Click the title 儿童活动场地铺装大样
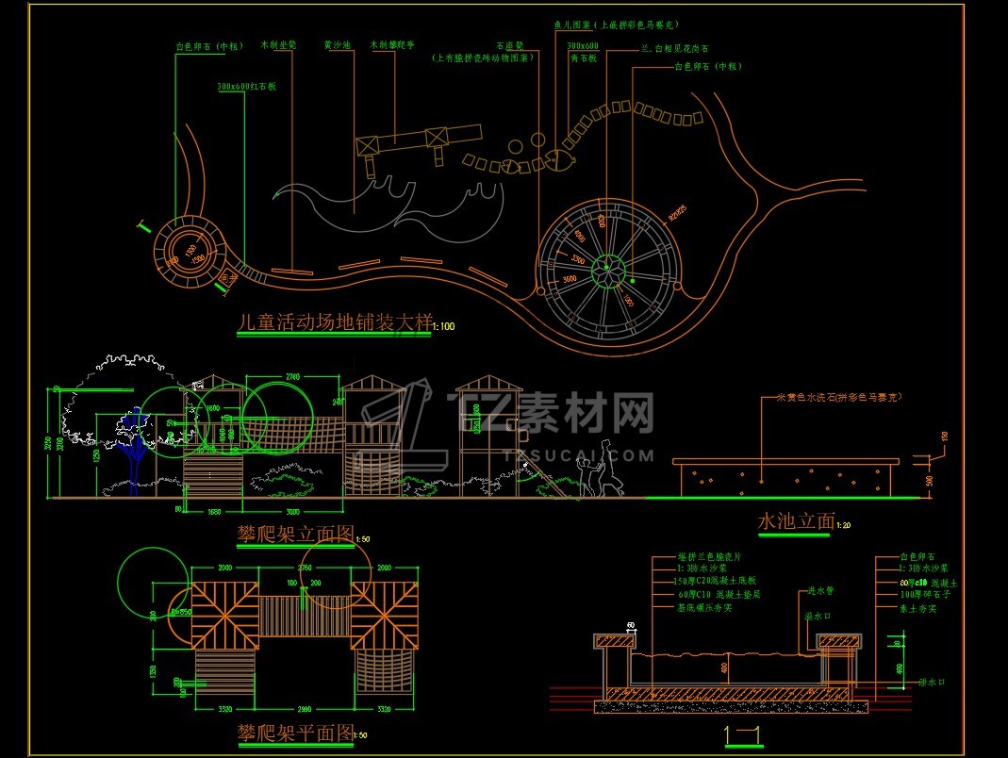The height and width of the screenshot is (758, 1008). pyautogui.click(x=333, y=322)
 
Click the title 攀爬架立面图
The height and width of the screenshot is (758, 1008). pyautogui.click(x=294, y=536)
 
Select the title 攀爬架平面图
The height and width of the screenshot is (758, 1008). pyautogui.click(x=294, y=732)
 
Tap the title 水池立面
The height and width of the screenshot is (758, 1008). pyautogui.click(x=796, y=519)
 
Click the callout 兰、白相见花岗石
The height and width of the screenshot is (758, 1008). pyautogui.click(x=675, y=48)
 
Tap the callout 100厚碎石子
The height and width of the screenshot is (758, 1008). pyautogui.click(x=917, y=596)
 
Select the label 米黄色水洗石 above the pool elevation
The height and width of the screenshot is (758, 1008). pyautogui.click(x=837, y=397)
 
